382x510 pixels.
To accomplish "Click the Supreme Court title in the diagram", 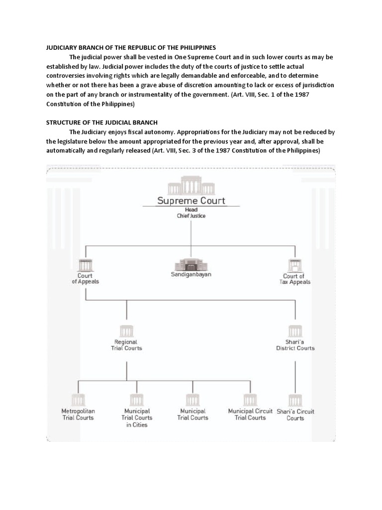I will coord(191,201).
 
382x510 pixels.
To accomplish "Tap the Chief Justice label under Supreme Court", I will coord(191,216).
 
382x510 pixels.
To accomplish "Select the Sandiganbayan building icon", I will coord(191,263).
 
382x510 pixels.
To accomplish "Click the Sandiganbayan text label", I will coord(191,274).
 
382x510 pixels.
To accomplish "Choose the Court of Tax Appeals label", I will coord(296,279).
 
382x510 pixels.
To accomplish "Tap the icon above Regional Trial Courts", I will coord(126,331).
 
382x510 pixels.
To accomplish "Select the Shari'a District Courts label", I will coord(295,345).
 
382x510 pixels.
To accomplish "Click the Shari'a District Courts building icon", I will coord(295,331).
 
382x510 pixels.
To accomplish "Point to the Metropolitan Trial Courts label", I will coord(78,414).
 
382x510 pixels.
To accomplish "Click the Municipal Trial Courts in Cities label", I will coord(137,418).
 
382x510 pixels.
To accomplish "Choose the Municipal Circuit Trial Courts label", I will coord(250,414).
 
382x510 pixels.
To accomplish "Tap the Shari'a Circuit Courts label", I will coord(295,415).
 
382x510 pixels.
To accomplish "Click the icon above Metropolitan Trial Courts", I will coord(78,399).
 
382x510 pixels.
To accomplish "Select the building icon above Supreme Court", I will coord(191,188).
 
